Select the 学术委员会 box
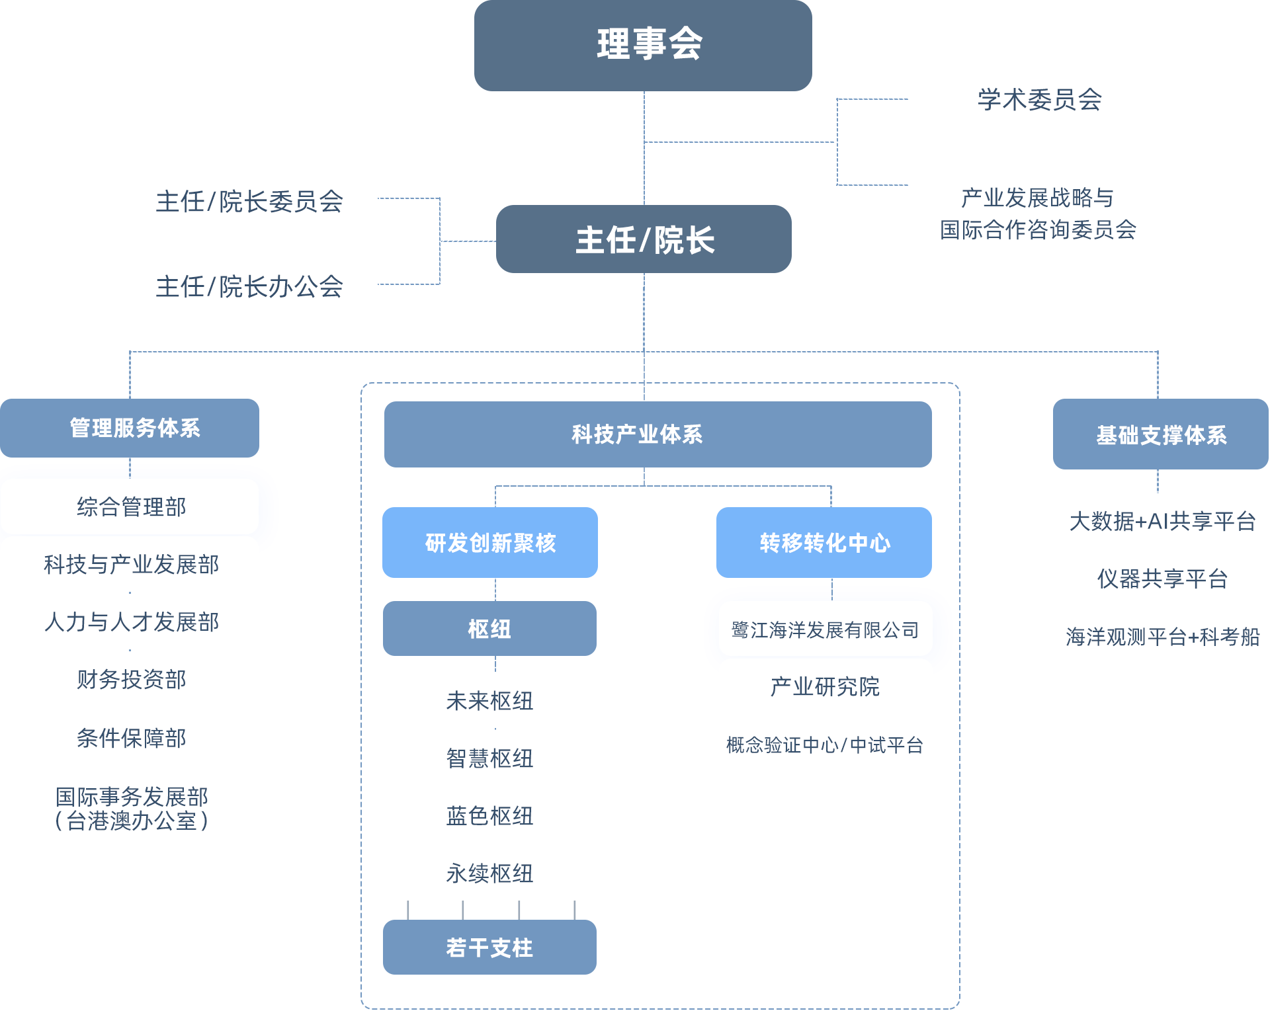tap(1036, 99)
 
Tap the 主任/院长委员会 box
tap(249, 201)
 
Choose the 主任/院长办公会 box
tap(249, 286)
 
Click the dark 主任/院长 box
tap(643, 239)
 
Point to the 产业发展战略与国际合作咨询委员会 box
tap(1036, 214)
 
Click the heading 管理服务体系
tap(135, 428)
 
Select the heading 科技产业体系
tap(637, 434)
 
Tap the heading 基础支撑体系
tap(1162, 435)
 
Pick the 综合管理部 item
tap(131, 507)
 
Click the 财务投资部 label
tap(131, 679)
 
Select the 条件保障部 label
tap(131, 737)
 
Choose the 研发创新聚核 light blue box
tap(489, 542)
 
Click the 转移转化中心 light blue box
tap(824, 542)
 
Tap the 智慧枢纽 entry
tap(489, 758)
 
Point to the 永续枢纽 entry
tap(489, 873)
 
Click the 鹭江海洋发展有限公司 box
tap(825, 629)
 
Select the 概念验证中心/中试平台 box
tap(825, 745)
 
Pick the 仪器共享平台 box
tap(1162, 579)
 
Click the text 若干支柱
tap(489, 948)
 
